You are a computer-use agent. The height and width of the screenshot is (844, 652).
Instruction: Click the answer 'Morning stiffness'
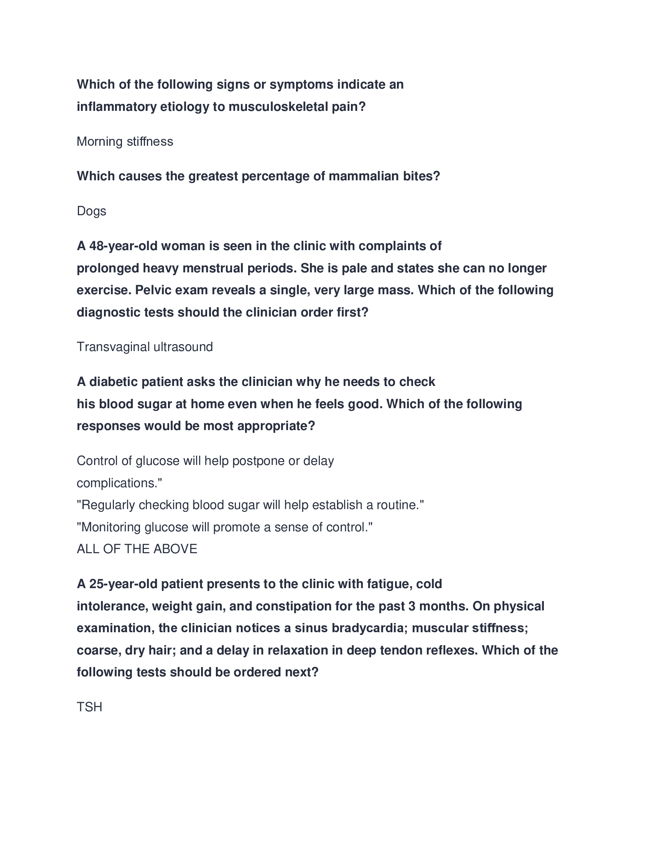click(125, 142)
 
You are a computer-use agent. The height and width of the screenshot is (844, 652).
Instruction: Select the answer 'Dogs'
click(92, 211)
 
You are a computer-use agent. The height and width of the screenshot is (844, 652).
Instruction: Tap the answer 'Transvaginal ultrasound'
click(145, 347)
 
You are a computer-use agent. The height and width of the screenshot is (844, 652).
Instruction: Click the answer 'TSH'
click(90, 707)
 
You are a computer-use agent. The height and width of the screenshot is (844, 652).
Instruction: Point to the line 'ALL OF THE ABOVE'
click(137, 549)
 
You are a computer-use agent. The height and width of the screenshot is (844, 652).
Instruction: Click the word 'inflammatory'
click(117, 107)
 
